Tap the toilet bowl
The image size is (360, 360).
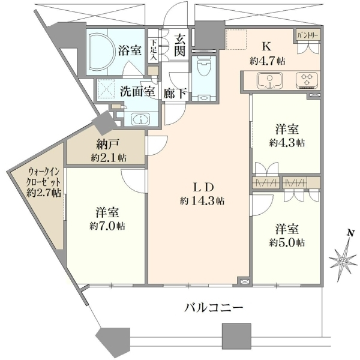(204, 66)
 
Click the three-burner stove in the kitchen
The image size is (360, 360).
(307, 80)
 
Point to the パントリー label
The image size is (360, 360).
(308, 35)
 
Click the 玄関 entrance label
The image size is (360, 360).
(179, 45)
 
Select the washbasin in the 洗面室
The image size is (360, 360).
(140, 119)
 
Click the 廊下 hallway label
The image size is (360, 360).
(175, 94)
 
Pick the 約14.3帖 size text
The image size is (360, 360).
(202, 202)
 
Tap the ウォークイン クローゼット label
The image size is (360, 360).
(43, 177)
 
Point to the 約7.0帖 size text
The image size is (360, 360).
(107, 226)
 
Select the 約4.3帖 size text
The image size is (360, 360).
(287, 143)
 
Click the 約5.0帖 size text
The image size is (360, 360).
(287, 242)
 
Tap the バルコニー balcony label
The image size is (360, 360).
(214, 307)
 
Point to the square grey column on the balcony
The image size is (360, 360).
(236, 337)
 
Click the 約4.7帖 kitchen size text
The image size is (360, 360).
(268, 61)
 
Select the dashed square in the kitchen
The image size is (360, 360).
(236, 39)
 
